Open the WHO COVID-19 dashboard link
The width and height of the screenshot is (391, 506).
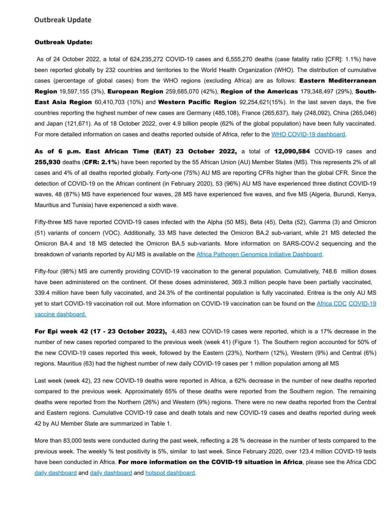308,134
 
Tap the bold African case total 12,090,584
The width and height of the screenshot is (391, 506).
292,152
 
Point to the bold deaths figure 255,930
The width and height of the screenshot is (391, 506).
48,162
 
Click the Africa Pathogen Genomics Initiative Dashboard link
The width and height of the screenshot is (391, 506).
259,254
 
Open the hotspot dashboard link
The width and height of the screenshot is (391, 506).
170,473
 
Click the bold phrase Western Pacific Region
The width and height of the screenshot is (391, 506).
197,102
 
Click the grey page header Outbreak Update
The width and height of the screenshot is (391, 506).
63,20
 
